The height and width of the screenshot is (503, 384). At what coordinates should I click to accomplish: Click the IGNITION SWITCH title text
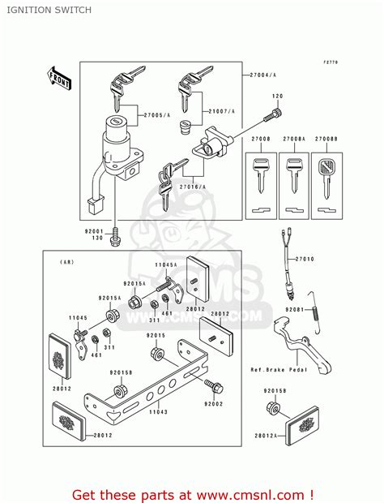coord(41,11)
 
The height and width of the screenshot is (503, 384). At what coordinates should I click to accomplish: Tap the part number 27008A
coord(293,140)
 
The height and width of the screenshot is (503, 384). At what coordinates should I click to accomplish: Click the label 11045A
coord(165,265)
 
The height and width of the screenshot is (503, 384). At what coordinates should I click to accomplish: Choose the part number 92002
coord(213,403)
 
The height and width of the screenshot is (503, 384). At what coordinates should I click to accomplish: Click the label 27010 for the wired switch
coord(303,259)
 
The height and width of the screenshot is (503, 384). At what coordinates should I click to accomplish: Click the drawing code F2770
coord(331,62)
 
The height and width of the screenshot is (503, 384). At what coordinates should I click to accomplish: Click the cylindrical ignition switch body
coord(117,143)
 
